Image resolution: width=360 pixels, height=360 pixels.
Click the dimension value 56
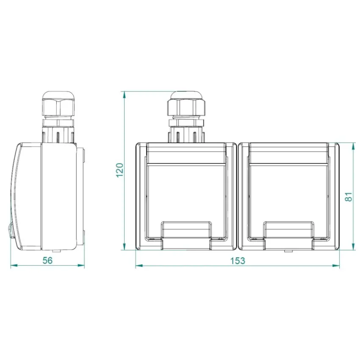pyautogui.click(x=47, y=260)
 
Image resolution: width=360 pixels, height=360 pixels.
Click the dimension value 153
pyautogui.click(x=238, y=260)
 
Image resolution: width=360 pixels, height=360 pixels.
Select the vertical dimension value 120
pyautogui.click(x=119, y=170)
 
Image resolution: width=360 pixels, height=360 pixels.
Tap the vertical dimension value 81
pyautogui.click(x=348, y=197)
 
